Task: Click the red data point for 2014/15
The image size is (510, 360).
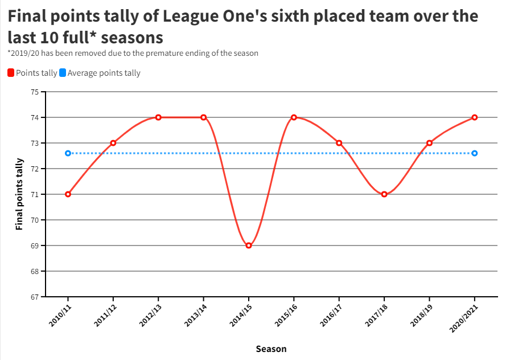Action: click(x=249, y=246)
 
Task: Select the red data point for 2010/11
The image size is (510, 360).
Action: click(x=68, y=194)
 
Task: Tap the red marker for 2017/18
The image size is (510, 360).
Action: click(x=384, y=194)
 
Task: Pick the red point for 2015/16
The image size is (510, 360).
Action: click(x=294, y=117)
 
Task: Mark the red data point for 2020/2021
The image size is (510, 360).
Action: click(x=475, y=117)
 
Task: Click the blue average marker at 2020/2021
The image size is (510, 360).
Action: click(x=475, y=153)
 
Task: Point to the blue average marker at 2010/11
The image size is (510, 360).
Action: click(x=68, y=153)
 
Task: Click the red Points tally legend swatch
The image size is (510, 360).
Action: click(x=11, y=73)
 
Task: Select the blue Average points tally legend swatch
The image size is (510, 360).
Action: click(x=63, y=73)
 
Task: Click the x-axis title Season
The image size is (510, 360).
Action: click(x=271, y=349)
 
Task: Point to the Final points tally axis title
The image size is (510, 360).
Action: click(x=19, y=194)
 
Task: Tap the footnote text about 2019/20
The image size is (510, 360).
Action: click(x=133, y=53)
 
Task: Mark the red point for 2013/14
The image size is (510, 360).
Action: click(x=203, y=117)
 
